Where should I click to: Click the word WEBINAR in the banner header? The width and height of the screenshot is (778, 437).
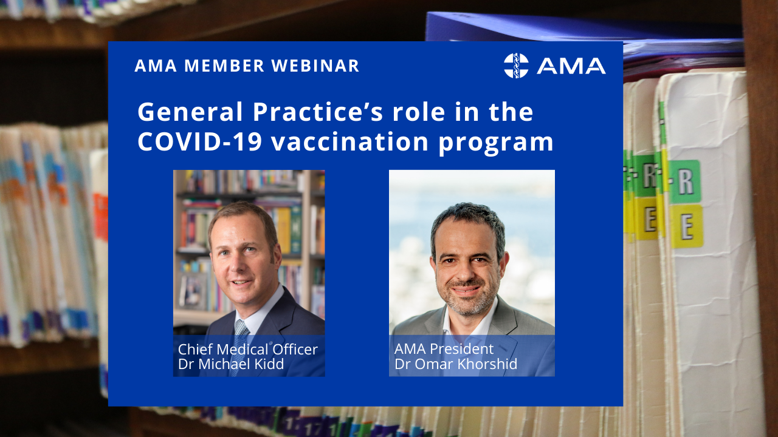tap(315, 66)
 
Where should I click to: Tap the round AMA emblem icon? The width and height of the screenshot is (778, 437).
tap(516, 66)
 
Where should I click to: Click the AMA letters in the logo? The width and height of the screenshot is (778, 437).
tap(571, 66)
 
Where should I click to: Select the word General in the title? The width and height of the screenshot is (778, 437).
tap(190, 112)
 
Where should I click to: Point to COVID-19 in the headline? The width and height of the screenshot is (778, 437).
tap(200, 141)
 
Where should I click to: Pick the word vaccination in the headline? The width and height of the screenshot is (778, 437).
tap(349, 141)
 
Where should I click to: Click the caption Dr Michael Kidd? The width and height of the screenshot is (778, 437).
tap(231, 364)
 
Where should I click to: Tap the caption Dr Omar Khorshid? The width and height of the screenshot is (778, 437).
tap(456, 364)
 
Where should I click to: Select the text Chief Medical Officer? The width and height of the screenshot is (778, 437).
tap(247, 349)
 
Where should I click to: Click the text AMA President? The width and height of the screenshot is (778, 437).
tap(444, 349)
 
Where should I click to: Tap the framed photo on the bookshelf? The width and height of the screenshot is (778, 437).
tap(193, 291)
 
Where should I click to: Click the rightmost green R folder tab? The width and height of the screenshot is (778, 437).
tap(684, 181)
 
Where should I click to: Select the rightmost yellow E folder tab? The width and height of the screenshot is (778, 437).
tap(687, 226)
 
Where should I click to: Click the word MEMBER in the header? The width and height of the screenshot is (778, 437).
tap(224, 66)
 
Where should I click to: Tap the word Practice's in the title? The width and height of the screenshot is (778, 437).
tap(317, 112)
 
